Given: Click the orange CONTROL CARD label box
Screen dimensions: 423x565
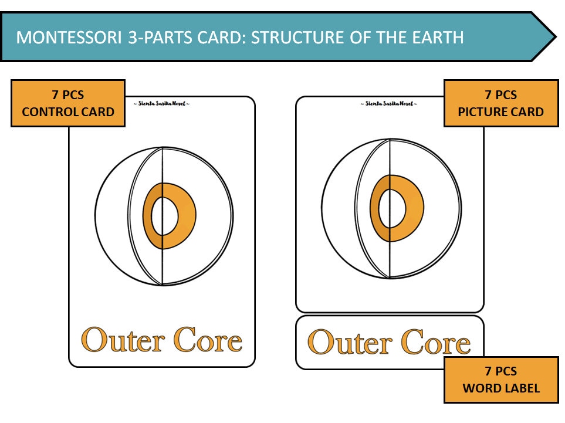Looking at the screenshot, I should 68,103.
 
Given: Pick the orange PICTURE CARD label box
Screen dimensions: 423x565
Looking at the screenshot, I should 500,103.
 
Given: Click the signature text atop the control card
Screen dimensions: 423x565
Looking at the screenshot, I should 161,104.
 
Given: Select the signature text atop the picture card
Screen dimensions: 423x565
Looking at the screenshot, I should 389,104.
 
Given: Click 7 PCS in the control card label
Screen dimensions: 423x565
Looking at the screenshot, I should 68,95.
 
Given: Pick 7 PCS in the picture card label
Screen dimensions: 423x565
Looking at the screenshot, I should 500,95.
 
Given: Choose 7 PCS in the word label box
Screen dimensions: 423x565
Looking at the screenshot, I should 500,371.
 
